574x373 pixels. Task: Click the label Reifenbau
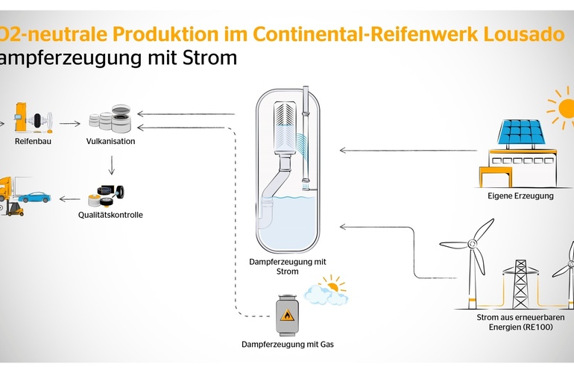[31, 141]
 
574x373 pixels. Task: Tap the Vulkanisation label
[110, 141]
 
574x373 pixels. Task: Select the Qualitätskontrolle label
[111, 215]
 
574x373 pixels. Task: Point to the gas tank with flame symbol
[286, 314]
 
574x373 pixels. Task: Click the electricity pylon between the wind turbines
[521, 280]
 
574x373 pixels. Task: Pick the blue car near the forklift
[36, 198]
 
